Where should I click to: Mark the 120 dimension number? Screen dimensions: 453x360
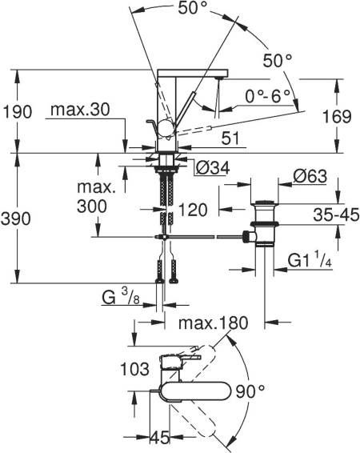194,210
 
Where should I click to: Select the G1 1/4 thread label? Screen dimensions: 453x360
311,262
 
